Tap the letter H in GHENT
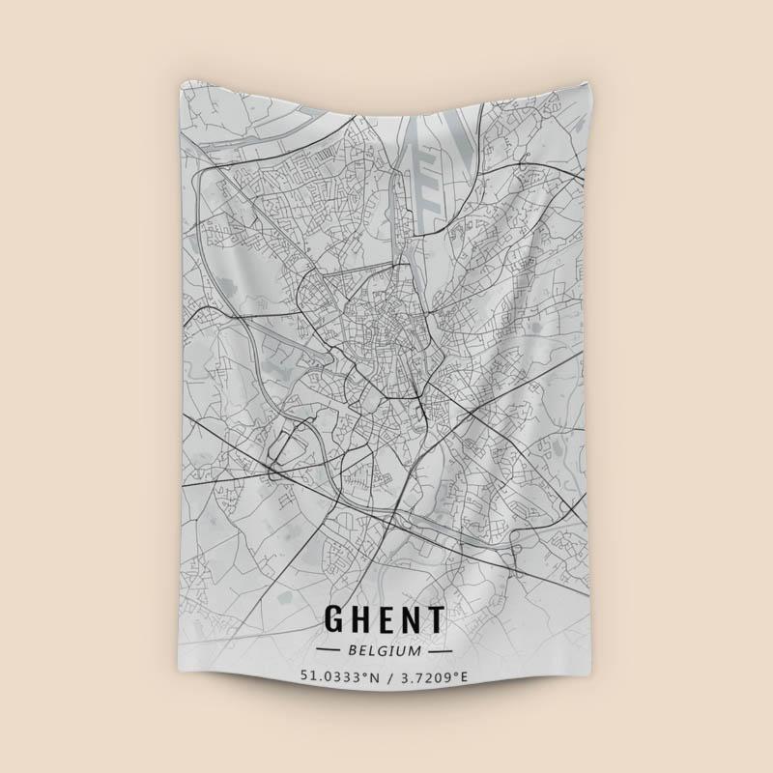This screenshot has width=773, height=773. (x=365, y=619)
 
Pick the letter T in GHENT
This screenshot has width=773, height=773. (x=437, y=619)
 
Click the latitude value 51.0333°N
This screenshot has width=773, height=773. (x=338, y=676)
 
